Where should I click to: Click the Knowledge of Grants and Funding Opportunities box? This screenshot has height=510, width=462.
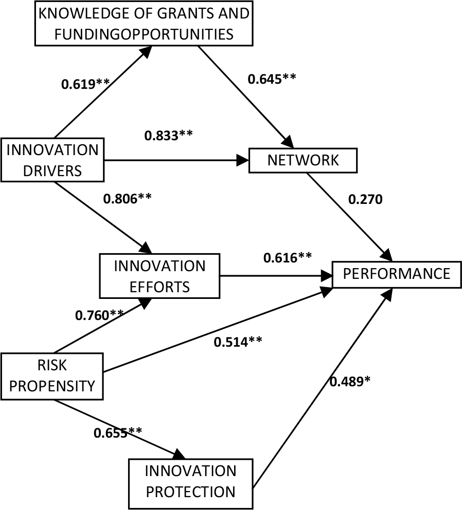pos(144,23)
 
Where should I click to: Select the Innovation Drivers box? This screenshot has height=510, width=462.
pos(52,160)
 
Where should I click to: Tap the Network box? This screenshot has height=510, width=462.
pos(303,160)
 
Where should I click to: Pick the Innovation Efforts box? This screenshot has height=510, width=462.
pos(159,276)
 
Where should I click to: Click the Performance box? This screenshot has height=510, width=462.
pos(397,274)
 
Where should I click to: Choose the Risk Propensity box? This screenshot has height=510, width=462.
pos(52,376)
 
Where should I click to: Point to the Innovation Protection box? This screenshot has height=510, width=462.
pos(190,481)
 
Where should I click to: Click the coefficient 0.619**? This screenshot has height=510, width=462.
pos(86,84)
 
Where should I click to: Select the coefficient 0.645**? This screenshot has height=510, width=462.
pos(272,79)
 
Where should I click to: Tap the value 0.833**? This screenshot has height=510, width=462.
pos(168,135)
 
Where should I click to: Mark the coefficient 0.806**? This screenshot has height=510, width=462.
pos(128,198)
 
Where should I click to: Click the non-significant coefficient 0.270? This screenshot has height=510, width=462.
pos(365,199)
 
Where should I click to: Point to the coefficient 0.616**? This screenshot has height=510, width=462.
pos(288,258)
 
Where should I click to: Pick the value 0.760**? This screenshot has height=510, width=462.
pos(99,315)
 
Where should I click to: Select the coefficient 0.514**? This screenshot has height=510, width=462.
pos(238,342)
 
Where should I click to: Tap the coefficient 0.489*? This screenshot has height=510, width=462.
pos(350,381)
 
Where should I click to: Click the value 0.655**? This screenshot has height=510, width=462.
pos(118,432)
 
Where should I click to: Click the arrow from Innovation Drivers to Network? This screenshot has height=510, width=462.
pos(176,160)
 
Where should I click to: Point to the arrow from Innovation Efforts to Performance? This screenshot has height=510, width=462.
pos(276,276)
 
